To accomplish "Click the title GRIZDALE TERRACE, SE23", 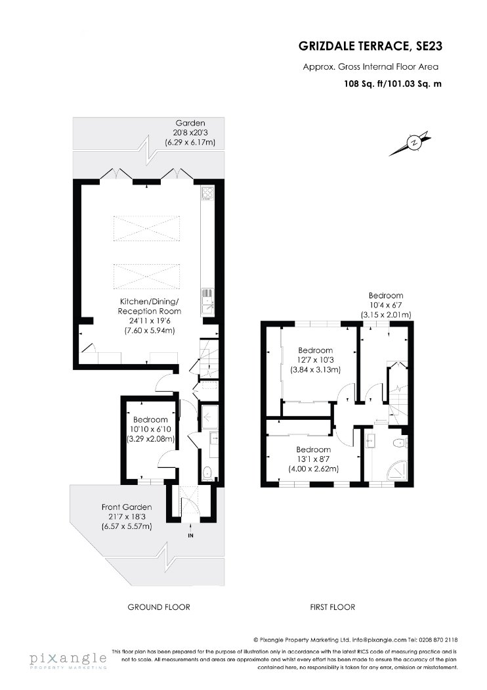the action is [x=371, y=46].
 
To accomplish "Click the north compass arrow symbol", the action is [x=410, y=143].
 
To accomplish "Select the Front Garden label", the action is [x=127, y=517].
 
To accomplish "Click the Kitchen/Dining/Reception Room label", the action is [x=150, y=316].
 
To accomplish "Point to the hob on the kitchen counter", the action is [x=207, y=194].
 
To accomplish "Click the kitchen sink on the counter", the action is [x=207, y=302].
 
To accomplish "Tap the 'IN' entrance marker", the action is [x=190, y=536].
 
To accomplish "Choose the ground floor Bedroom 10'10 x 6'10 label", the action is [x=150, y=429].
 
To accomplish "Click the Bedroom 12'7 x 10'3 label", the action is [x=315, y=360].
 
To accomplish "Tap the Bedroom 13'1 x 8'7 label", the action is [x=313, y=459].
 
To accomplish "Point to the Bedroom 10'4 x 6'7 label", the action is [x=386, y=305].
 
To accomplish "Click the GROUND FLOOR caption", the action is [x=159, y=607].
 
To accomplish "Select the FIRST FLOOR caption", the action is [x=332, y=607].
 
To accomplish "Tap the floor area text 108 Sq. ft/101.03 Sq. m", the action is [x=392, y=83].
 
